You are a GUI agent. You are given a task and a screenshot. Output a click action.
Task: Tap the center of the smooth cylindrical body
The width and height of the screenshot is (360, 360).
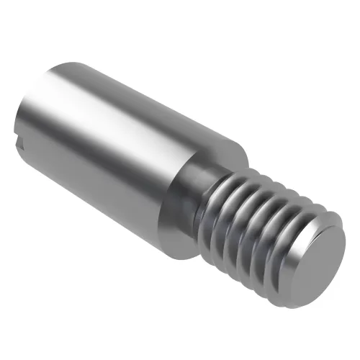point(122,151)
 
